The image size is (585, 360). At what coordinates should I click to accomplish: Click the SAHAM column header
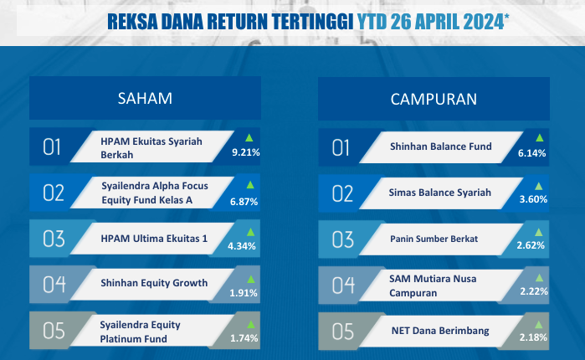(145, 99)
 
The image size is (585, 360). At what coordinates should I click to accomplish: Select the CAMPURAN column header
(434, 100)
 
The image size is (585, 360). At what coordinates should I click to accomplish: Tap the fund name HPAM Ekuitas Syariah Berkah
(151, 147)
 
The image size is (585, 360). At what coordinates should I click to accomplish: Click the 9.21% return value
(246, 152)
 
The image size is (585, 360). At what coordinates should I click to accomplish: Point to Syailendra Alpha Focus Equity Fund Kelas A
(155, 193)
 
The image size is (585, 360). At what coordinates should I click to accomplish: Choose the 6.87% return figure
(244, 202)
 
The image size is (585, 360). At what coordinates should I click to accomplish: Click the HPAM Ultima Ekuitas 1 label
(154, 239)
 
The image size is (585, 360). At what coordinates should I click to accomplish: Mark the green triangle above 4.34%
(250, 232)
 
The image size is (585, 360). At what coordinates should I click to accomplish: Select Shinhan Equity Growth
(154, 283)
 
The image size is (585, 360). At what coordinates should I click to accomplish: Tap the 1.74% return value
(244, 338)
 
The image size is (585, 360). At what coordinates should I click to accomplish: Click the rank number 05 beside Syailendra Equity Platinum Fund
(54, 331)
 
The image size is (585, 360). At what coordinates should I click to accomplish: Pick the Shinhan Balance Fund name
(441, 147)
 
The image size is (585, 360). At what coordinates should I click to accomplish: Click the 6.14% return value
(531, 153)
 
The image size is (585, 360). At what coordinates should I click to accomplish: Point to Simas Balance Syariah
(440, 193)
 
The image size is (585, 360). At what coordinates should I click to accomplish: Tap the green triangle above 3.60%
(538, 186)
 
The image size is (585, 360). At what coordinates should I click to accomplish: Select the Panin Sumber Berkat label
(434, 239)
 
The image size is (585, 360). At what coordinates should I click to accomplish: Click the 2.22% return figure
(534, 291)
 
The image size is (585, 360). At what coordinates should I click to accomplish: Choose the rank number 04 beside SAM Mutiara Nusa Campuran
(343, 285)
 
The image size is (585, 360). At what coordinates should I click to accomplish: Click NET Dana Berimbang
(440, 331)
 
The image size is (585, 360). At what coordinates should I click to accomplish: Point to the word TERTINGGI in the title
(312, 22)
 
